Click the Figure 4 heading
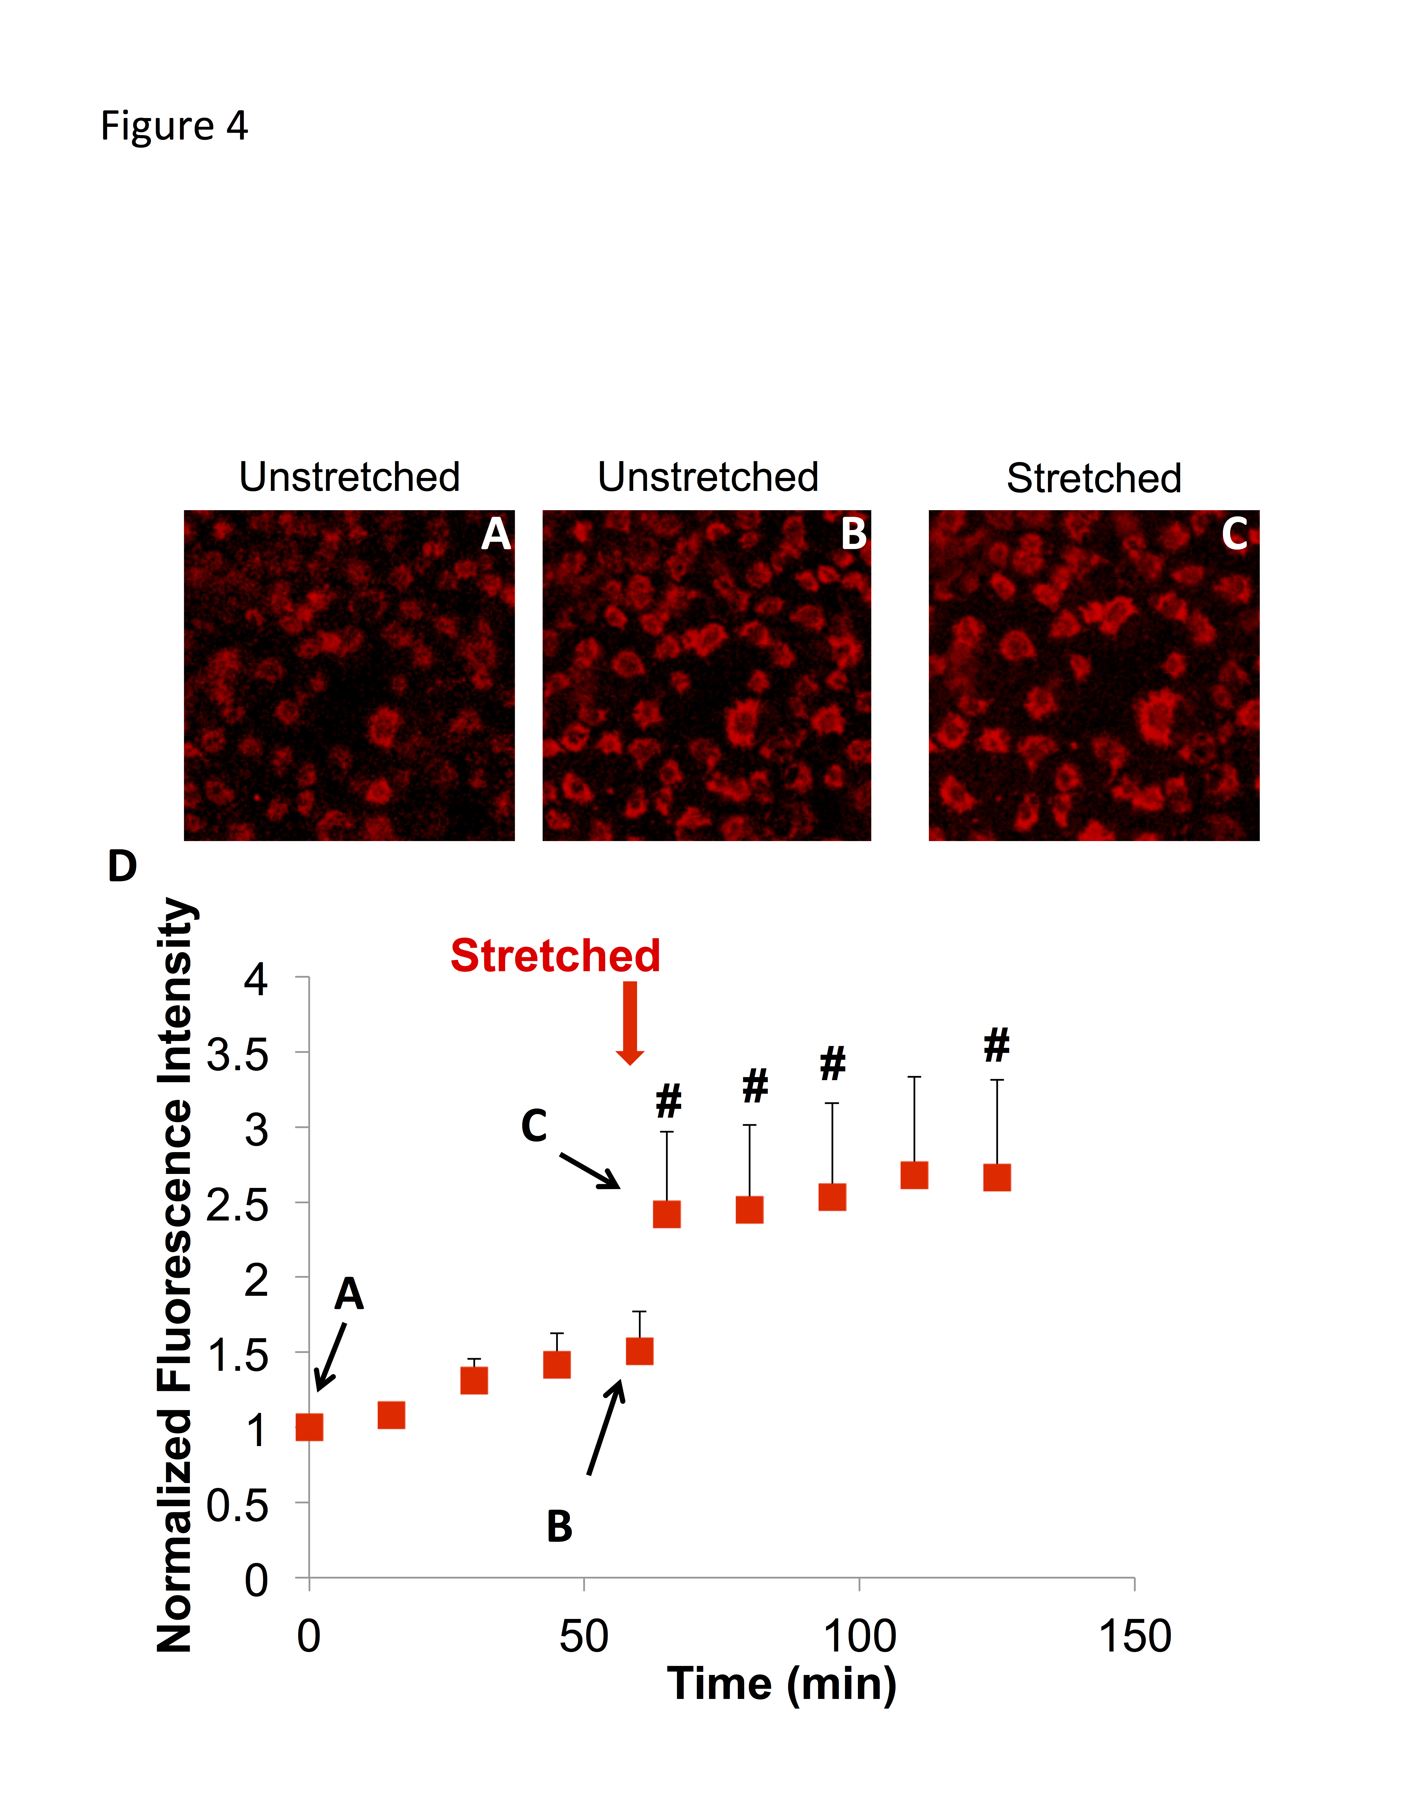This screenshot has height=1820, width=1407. (174, 126)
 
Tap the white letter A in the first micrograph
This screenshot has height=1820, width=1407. (496, 534)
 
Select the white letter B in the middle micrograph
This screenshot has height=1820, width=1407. (854, 534)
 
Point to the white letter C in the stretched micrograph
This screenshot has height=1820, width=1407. (1235, 534)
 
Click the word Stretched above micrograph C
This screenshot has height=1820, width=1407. (1094, 478)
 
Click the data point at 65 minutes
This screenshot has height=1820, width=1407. (667, 1214)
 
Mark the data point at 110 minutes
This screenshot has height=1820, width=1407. (914, 1175)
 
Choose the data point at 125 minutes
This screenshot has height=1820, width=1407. (997, 1177)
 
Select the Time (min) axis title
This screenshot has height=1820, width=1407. (781, 1684)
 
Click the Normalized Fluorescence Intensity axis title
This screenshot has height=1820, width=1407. (175, 1275)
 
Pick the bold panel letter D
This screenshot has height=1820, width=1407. (122, 867)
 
